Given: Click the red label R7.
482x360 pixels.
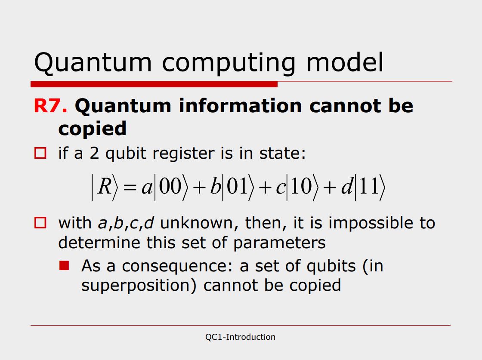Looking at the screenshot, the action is coord(50,106).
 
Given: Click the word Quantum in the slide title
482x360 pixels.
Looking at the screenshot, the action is coord(93,63).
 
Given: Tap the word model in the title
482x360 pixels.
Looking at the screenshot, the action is coord(345,62).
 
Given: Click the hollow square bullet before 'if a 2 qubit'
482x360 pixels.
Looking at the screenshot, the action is coord(40,153).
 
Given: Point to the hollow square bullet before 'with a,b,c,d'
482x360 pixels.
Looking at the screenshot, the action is coord(40,223).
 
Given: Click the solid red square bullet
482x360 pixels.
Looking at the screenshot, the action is coord(64,265).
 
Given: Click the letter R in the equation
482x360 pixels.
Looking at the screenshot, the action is coord(105,186).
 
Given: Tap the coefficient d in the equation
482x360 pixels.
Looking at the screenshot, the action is coord(347,186).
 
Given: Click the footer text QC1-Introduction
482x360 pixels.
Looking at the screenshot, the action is coord(241,337).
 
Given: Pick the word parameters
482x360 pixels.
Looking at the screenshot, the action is coord(279,243).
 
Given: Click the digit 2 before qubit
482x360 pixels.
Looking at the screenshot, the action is coord(94,153).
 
